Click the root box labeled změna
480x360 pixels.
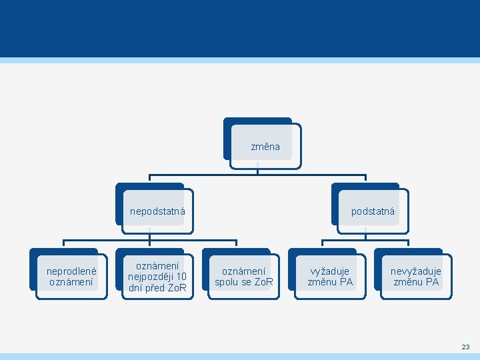pyautogui.click(x=265, y=146)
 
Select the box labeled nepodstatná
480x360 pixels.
pyautogui.click(x=157, y=211)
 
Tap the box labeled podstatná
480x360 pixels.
pyautogui.click(x=372, y=211)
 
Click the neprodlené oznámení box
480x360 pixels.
pyautogui.click(x=71, y=276)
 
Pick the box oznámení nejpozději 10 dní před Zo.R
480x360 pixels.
pyautogui.click(x=157, y=276)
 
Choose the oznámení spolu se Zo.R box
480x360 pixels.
pyautogui.click(x=243, y=276)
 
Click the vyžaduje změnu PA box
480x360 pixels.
pyautogui.click(x=329, y=276)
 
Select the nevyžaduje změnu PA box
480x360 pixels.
pyautogui.click(x=415, y=276)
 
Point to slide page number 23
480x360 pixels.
pyautogui.click(x=465, y=347)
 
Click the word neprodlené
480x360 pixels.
pyautogui.click(x=71, y=271)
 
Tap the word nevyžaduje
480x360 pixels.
pyautogui.click(x=415, y=271)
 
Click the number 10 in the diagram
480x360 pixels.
pyautogui.click(x=181, y=277)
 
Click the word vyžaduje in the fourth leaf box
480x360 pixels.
pyautogui.click(x=329, y=271)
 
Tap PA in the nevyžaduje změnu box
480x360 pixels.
pyautogui.click(x=432, y=282)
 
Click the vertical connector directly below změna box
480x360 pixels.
pyautogui.click(x=257, y=168)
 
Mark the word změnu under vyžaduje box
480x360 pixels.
pyautogui.click(x=322, y=282)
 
